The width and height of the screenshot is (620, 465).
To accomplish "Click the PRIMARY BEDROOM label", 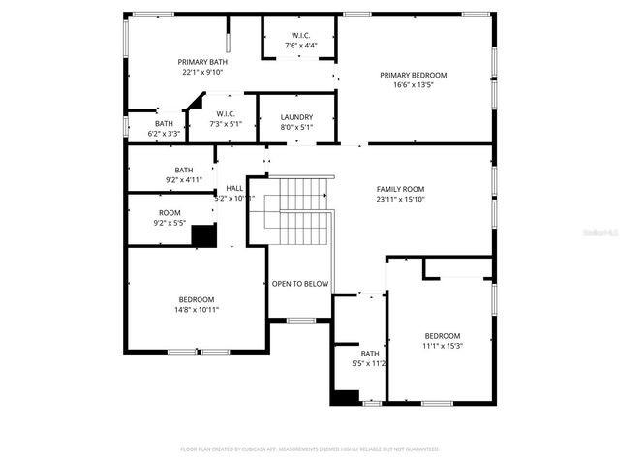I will tap(414, 76).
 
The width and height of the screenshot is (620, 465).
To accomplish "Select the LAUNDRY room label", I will tap(296, 117).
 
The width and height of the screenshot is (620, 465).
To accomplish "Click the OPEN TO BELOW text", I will tap(299, 284).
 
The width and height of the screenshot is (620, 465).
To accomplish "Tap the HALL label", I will tap(234, 188).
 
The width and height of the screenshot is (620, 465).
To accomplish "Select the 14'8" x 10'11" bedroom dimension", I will tap(197, 310).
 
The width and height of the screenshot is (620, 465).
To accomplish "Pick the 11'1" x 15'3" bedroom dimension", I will tap(442, 346).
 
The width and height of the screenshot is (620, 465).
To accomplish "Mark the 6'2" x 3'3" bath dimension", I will tap(164, 133).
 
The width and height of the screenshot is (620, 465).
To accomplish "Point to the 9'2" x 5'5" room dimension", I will tap(170, 223).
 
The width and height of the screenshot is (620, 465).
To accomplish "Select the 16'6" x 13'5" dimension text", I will tap(414, 85).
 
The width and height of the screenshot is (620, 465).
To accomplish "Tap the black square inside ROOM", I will tap(203, 236).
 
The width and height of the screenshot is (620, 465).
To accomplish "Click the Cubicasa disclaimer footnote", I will tap(310, 449).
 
